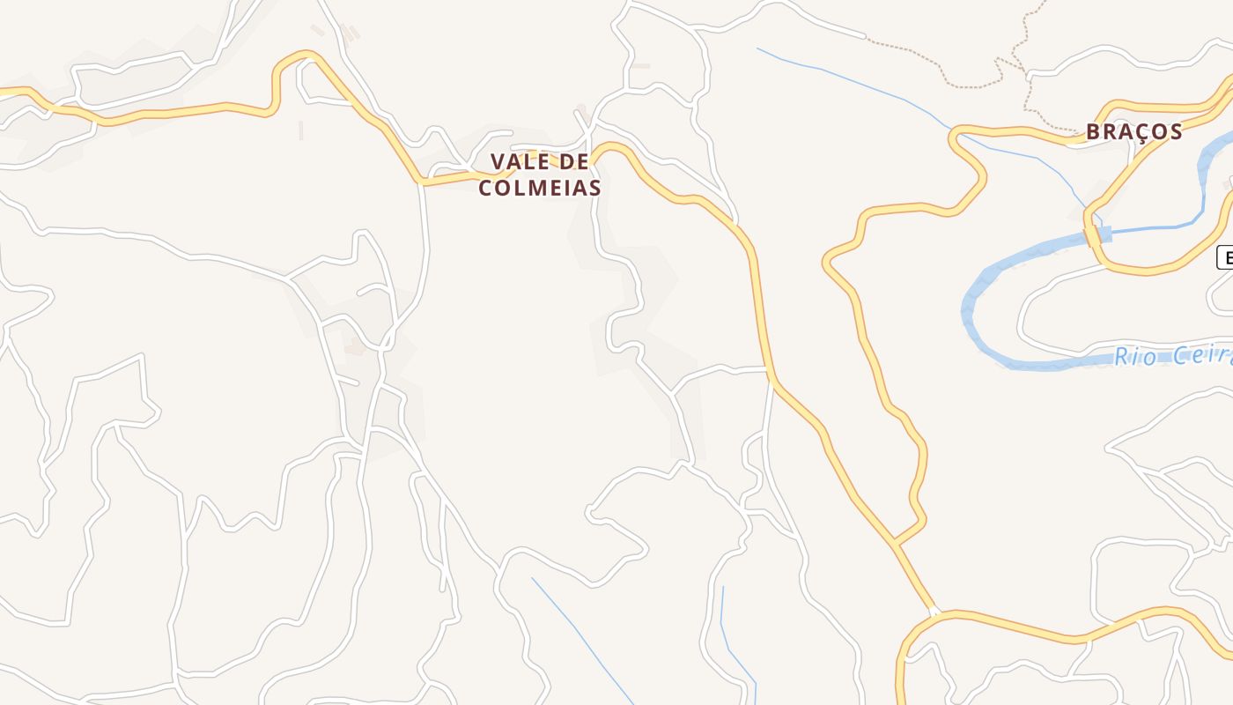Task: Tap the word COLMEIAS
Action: coord(540,188)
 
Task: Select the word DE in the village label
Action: coord(574,162)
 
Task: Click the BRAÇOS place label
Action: coord(1133,132)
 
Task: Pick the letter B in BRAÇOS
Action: coord(1094,132)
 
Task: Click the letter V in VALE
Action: coord(498,162)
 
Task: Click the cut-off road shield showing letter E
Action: coord(1225,257)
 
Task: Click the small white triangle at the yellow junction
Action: coord(934,612)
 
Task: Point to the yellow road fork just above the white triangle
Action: coord(895,542)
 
